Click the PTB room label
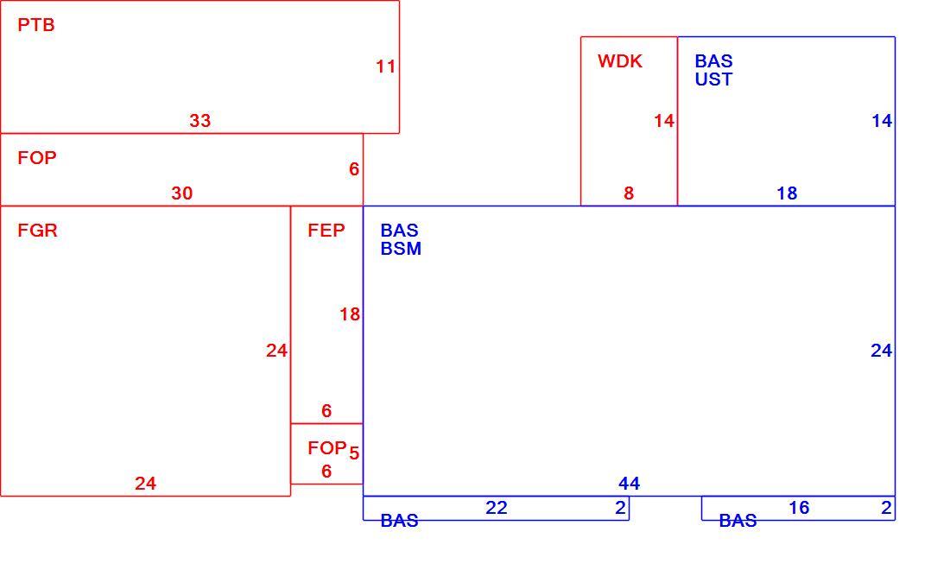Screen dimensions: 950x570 pos(36,25)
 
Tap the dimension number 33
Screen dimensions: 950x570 pos(200,121)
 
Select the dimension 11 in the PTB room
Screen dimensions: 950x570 pos(385,66)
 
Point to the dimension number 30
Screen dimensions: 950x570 pos(181,193)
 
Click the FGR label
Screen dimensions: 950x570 pos(37,231)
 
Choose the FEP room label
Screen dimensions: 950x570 pos(326,231)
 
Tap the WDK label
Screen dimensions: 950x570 pos(620,61)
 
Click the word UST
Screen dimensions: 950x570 pos(713,79)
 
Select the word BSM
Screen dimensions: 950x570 pos(401,249)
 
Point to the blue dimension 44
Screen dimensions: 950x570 pos(629,484)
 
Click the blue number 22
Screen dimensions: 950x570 pos(497,508)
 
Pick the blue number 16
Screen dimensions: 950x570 pos(799,508)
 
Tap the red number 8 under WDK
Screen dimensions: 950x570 pos(629,193)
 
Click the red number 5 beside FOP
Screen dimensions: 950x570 pos(354,453)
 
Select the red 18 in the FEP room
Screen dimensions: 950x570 pos(350,314)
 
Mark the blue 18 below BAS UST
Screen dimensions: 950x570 pos(787,193)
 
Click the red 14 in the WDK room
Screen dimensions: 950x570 pos(664,121)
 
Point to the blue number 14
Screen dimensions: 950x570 pos(882,121)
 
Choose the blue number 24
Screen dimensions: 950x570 pos(882,351)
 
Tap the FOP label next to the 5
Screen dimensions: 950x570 pos(327,448)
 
